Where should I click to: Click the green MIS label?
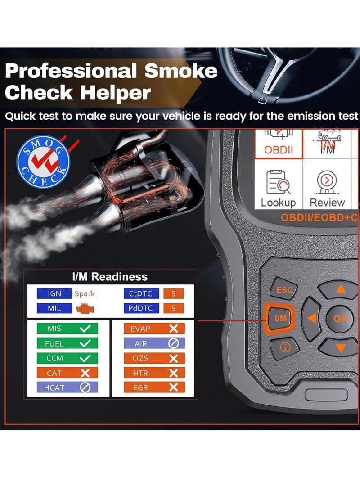tap(54, 329)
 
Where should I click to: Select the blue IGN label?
tap(54, 294)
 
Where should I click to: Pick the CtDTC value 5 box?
tap(173, 294)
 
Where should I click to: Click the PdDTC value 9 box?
tap(173, 309)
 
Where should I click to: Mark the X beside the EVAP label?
tap(173, 329)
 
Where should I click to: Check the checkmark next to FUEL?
tap(85, 343)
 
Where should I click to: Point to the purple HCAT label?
tap(54, 387)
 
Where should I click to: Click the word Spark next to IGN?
tap(85, 294)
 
